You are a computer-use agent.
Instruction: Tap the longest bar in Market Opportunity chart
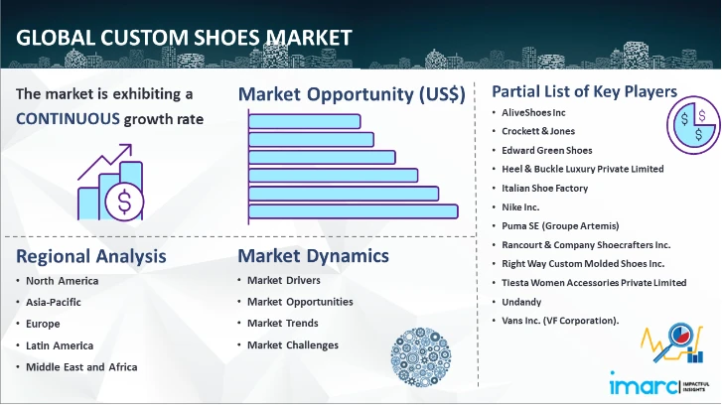353,210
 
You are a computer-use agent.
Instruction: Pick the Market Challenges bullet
293,345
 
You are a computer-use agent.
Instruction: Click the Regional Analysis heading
90,256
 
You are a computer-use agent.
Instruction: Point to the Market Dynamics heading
313,256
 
